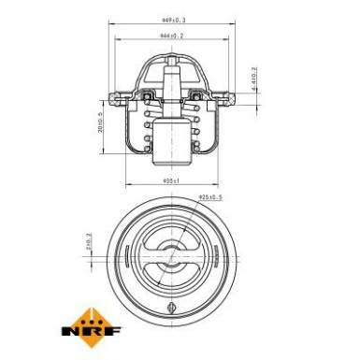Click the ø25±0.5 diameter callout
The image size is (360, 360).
210,196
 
